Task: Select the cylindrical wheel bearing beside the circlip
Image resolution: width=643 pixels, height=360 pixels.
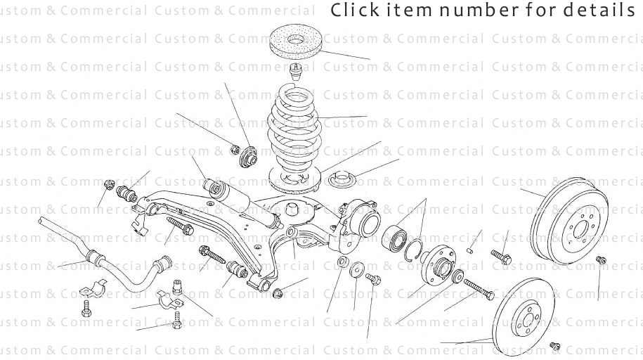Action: [396, 236]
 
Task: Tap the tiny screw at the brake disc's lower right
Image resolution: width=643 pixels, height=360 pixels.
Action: [554, 346]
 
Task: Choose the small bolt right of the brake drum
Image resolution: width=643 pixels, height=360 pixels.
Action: [601, 260]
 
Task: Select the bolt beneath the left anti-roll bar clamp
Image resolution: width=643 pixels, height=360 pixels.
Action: [86, 309]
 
